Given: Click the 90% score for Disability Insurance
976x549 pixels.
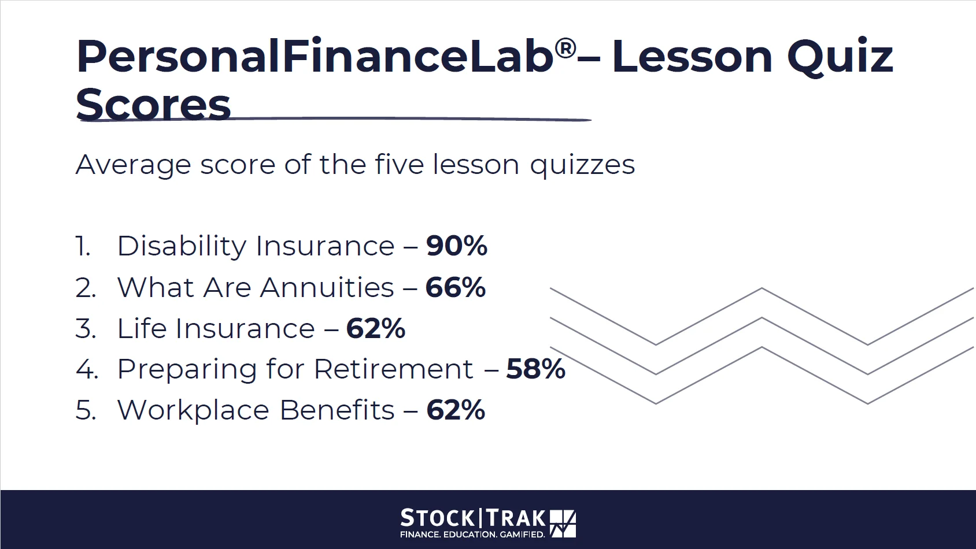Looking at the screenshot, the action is pyautogui.click(x=457, y=246).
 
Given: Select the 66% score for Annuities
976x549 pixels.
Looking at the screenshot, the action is pyautogui.click(x=455, y=287).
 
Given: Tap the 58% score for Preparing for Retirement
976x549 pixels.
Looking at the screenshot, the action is pyautogui.click(x=535, y=369).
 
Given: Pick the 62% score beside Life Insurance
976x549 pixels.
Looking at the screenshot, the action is pyautogui.click(x=376, y=328).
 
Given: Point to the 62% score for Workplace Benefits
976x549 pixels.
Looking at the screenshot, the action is pyautogui.click(x=455, y=410).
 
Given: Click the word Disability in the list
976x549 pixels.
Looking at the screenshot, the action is pyautogui.click(x=182, y=247).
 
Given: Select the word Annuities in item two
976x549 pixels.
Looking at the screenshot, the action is pyautogui.click(x=327, y=287).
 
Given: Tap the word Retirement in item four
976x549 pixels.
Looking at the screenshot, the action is pyautogui.click(x=393, y=369).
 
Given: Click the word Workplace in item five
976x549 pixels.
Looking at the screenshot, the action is pyautogui.click(x=194, y=411).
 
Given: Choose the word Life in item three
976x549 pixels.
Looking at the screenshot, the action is pyautogui.click(x=142, y=328).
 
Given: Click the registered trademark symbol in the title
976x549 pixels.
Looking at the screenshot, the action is pyautogui.click(x=566, y=49).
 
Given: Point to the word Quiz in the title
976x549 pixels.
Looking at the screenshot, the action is pyautogui.click(x=840, y=58).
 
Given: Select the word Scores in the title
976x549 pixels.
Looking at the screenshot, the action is pyautogui.click(x=153, y=105).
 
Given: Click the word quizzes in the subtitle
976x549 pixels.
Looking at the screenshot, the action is pyautogui.click(x=583, y=166).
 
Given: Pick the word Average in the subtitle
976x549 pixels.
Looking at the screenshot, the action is pyautogui.click(x=134, y=166).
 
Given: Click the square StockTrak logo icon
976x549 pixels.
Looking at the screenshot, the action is pyautogui.click(x=563, y=524).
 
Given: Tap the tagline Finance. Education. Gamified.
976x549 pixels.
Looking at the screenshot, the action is pyautogui.click(x=473, y=534).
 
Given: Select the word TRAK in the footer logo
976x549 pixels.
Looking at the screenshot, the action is pyautogui.click(x=515, y=518).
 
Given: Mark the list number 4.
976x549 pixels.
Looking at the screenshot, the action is pyautogui.click(x=87, y=369).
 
